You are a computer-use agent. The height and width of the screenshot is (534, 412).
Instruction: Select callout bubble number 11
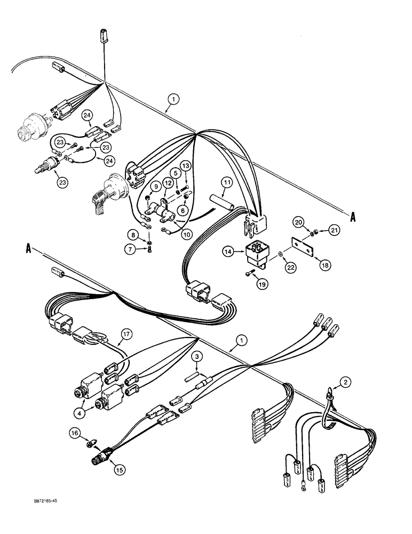coord(227,183)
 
